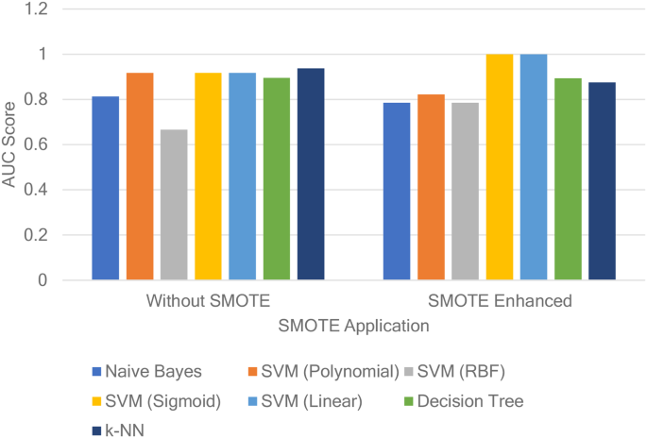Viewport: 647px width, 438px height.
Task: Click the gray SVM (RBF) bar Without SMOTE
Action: (x=174, y=205)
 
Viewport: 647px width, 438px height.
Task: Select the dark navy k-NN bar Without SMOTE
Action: (x=311, y=175)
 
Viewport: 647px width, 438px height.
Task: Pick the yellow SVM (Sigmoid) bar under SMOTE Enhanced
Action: (x=500, y=167)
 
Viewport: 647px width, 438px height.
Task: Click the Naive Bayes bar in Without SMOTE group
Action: (x=105, y=188)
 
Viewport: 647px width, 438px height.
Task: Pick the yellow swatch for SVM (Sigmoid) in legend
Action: (x=96, y=401)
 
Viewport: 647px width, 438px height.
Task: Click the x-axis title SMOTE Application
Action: (x=353, y=326)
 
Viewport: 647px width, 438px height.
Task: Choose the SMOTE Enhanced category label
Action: (x=499, y=303)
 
